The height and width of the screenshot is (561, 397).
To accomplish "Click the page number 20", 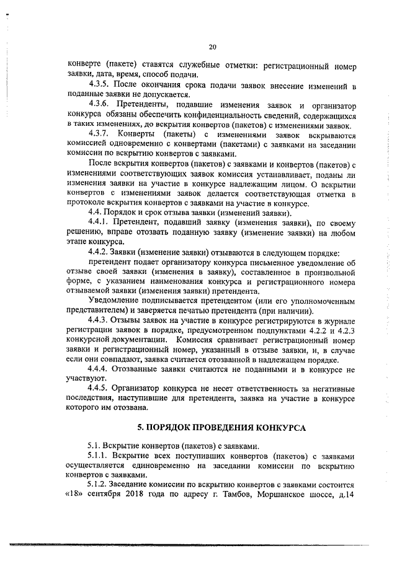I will click(x=213, y=47).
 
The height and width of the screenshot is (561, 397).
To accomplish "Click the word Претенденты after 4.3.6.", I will click(x=145, y=105).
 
